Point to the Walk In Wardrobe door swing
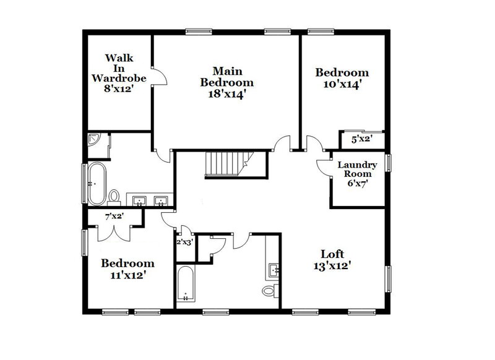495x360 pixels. click(159, 77)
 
